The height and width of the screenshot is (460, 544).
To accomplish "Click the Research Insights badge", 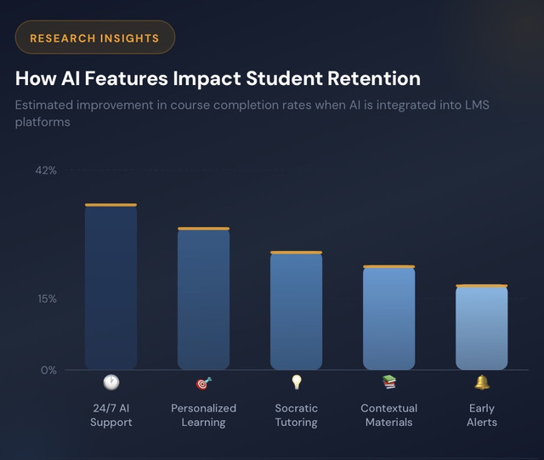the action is (95, 37).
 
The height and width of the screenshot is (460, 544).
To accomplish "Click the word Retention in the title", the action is (374, 78).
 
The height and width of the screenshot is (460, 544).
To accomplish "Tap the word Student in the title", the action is (285, 78).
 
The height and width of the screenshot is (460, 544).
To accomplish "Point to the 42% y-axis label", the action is (46, 170).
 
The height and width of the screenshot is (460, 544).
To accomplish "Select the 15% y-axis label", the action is (48, 299).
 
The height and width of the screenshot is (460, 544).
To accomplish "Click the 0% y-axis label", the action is (48, 370).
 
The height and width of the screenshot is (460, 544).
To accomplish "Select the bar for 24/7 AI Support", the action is (111, 287).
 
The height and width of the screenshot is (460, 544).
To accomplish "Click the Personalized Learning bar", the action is (204, 298).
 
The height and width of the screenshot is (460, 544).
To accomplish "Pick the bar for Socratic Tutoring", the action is (297, 310).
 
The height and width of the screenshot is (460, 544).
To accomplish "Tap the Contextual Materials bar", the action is (389, 318).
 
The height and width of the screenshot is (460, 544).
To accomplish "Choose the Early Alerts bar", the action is (482, 327).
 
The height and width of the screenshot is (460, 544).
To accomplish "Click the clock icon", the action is (111, 383).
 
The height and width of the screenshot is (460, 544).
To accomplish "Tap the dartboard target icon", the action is (204, 383).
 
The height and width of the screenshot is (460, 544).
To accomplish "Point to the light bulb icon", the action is (297, 383).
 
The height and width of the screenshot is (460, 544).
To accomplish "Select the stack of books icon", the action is (389, 383).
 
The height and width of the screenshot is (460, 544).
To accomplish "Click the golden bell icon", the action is (482, 383).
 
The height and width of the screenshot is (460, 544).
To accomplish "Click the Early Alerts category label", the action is (482, 415).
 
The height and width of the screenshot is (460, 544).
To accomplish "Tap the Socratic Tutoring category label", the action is (297, 415).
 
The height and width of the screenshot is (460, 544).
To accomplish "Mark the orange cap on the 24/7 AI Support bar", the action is (111, 205).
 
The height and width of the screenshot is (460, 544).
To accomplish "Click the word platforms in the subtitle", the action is (42, 122).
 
